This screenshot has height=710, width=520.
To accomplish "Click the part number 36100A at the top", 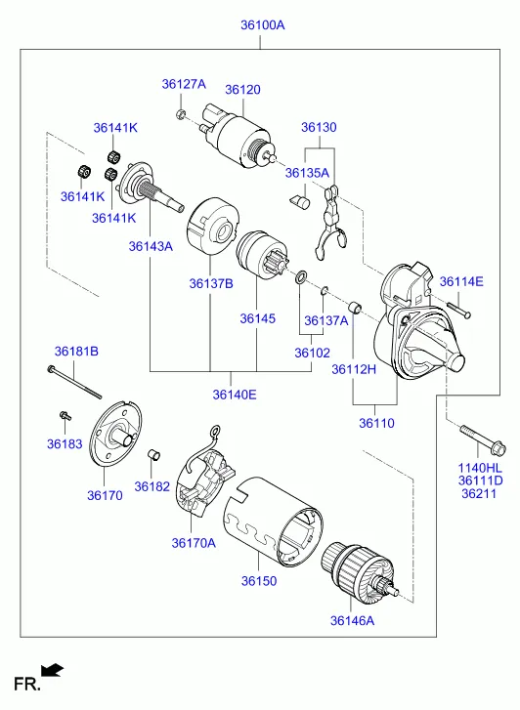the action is (x=263, y=25).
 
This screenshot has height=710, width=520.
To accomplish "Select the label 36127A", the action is (x=184, y=84).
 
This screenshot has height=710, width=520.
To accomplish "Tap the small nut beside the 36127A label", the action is (x=181, y=113).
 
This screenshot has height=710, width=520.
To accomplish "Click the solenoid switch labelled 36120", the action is (x=238, y=136).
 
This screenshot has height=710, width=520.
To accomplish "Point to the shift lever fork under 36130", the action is (x=329, y=225).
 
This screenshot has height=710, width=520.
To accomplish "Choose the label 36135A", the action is (x=307, y=173).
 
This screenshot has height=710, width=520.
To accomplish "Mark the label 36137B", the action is (x=211, y=283).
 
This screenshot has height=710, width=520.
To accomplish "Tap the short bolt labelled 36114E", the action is (x=458, y=310).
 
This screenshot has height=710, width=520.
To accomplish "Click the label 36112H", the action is (x=354, y=369).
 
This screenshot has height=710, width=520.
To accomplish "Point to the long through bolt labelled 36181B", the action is (x=74, y=382).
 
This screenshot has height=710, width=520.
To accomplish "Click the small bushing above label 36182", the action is (x=154, y=455).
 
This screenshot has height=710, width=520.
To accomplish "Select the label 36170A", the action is (x=194, y=542).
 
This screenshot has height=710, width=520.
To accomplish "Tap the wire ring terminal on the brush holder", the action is (x=215, y=430).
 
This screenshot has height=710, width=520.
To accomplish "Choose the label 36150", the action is (x=259, y=580).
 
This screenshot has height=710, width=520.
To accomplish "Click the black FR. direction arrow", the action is (x=52, y=670).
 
